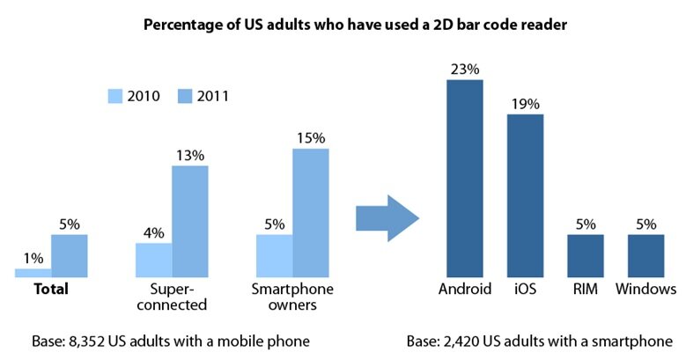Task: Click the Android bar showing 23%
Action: tap(464, 178)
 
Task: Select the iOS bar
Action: tap(525, 195)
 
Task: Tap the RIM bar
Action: tap(585, 255)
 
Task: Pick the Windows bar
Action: tap(645, 255)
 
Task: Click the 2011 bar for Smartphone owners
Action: tap(311, 212)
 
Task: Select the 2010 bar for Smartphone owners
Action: tap(274, 255)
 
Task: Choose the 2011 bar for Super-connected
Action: tap(189, 221)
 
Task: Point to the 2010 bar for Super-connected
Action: tap(153, 260)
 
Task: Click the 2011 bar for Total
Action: tap(69, 255)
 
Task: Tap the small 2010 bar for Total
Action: tap(33, 273)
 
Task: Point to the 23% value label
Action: tap(464, 68)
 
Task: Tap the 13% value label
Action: tap(189, 154)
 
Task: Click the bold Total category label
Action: tap(50, 289)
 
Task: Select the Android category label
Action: tap(464, 289)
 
